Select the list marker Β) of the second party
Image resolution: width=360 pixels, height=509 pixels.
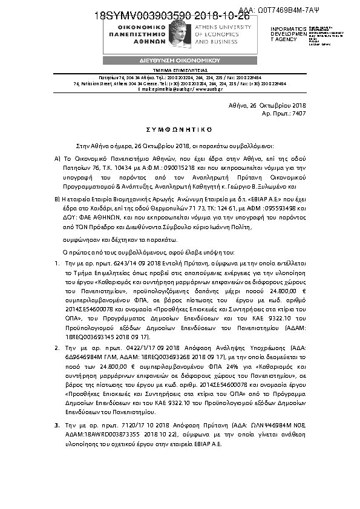[x=57, y=198]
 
